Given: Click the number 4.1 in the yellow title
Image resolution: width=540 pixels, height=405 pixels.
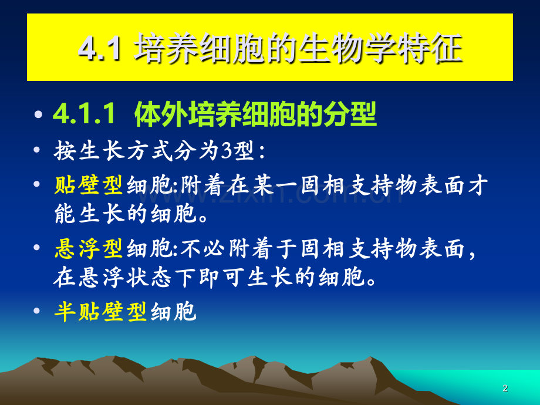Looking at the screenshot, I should point(99,49).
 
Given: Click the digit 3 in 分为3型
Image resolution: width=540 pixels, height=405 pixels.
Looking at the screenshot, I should point(227,151).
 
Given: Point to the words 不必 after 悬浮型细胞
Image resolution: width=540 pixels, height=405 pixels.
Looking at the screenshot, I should point(204,250).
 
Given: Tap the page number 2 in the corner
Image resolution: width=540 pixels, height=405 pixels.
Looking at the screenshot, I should point(505,389).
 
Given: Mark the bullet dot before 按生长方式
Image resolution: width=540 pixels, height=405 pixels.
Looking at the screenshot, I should point(39,151).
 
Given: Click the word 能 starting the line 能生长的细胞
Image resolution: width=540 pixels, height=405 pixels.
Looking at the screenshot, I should point(65,214).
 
